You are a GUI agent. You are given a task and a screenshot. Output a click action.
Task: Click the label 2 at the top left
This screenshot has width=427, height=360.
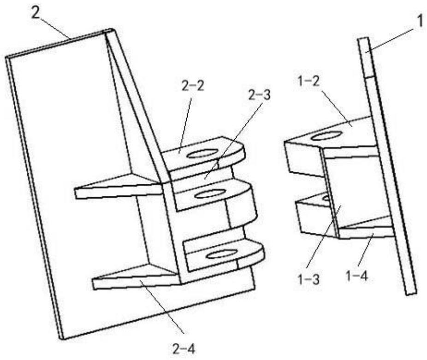click(36, 12)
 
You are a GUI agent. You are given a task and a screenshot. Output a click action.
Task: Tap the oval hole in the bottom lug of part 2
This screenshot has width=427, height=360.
click(220, 254)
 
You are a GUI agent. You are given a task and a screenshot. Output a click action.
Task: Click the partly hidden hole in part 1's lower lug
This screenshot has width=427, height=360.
click(326, 198)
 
